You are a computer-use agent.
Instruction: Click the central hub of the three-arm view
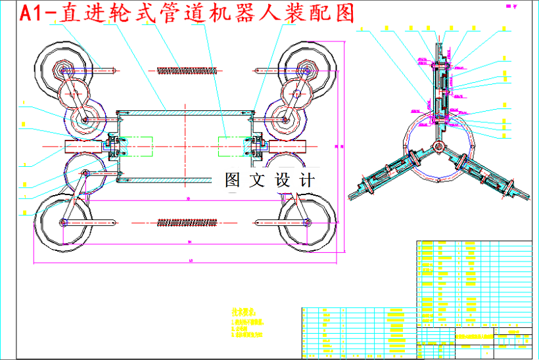tap(436, 146)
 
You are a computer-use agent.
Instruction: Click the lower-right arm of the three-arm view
tap(487, 175)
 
